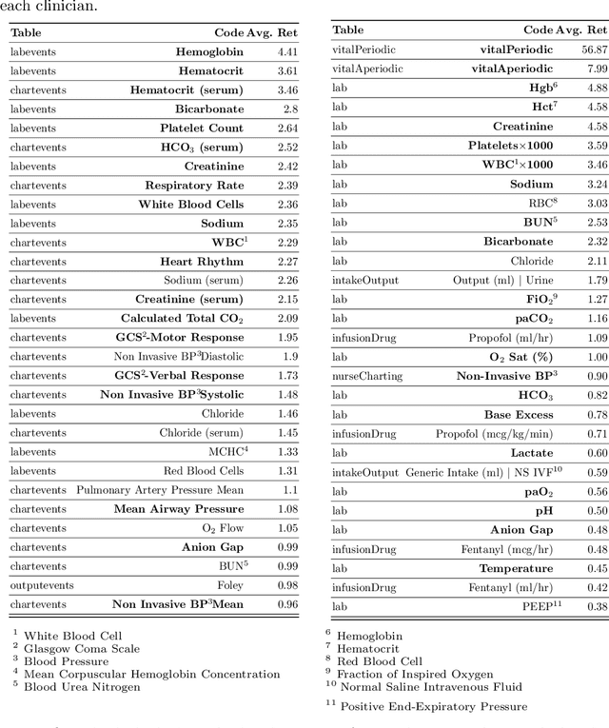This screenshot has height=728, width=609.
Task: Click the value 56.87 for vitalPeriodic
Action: [594, 49]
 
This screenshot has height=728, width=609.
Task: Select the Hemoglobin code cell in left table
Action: [209, 51]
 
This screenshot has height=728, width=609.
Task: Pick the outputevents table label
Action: [42, 584]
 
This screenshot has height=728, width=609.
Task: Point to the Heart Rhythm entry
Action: [202, 261]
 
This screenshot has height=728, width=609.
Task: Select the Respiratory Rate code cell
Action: [194, 185]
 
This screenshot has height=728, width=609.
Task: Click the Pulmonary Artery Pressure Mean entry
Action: [160, 489]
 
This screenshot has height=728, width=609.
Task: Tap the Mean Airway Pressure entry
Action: [179, 508]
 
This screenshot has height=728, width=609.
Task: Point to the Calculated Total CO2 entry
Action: [182, 318]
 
